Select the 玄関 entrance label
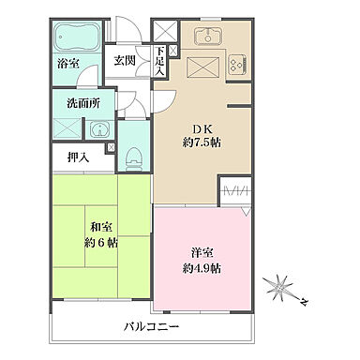[124, 60]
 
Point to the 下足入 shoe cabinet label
[160, 61]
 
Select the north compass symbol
[282, 287]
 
